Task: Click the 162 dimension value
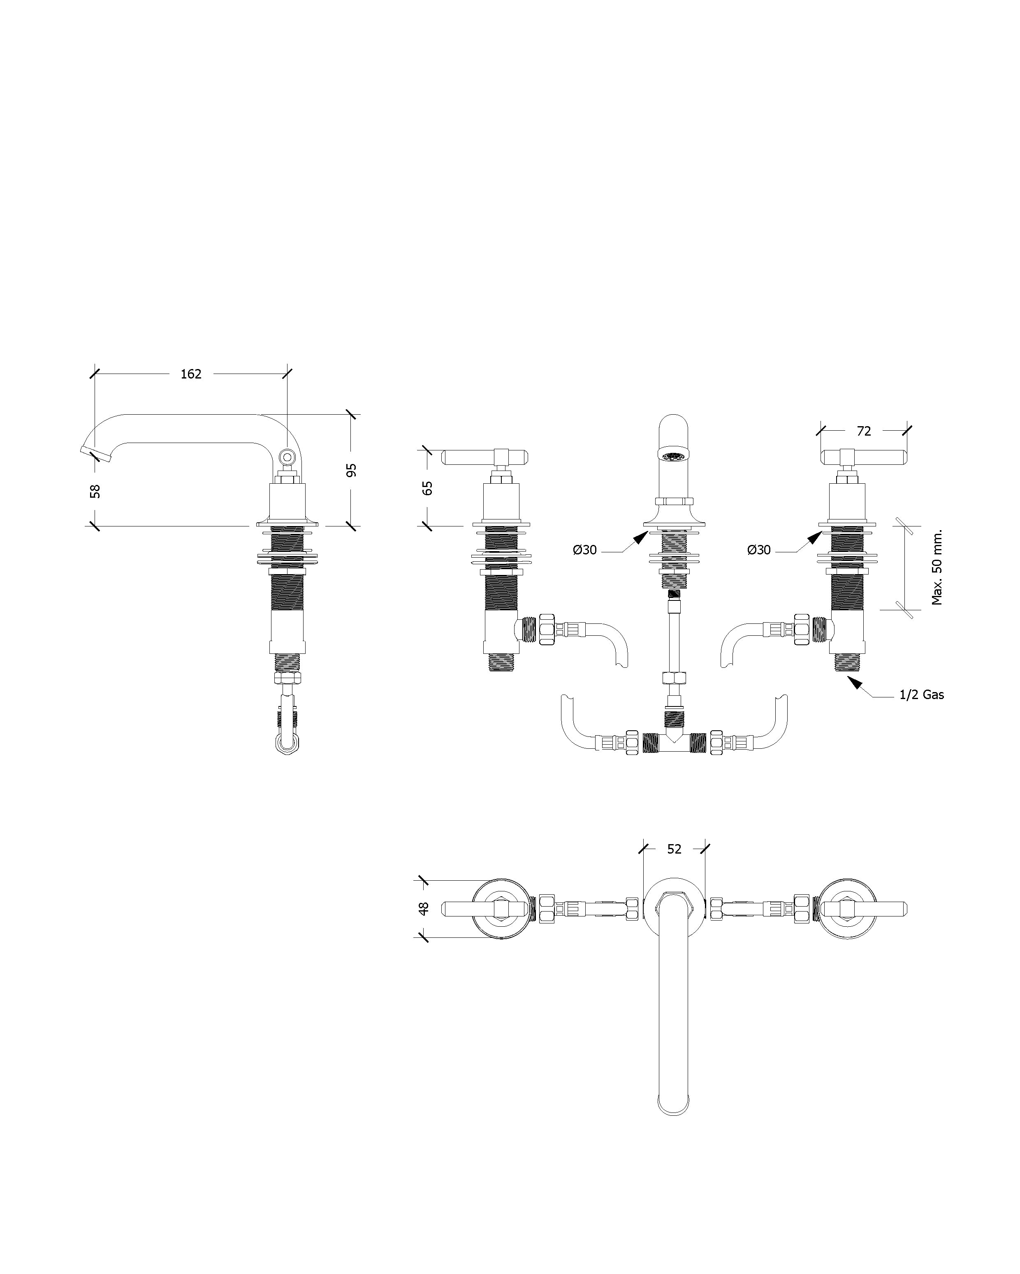tap(190, 374)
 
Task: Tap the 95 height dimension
tap(351, 471)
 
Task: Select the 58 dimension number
tap(95, 491)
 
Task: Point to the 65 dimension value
tap(427, 488)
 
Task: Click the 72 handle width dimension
tap(864, 432)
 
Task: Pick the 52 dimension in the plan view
tap(674, 849)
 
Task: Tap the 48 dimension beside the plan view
tap(423, 909)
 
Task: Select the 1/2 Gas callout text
tap(921, 695)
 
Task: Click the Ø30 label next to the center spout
tap(585, 551)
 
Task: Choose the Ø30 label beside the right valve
tap(759, 551)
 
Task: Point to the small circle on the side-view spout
tap(287, 456)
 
